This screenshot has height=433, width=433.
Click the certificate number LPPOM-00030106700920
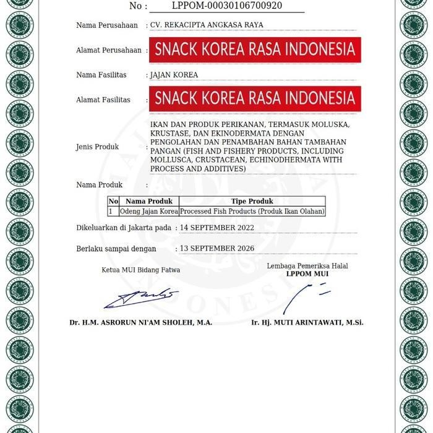[x=227, y=6]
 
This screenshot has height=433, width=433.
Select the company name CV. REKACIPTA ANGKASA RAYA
[x=207, y=25]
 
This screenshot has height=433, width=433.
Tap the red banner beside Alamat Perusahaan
[x=254, y=49]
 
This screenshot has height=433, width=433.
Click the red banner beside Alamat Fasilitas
[x=254, y=98]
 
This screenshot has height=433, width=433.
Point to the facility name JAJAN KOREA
[x=174, y=75]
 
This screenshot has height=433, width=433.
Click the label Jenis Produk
[x=97, y=147]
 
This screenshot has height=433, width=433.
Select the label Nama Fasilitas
[x=101, y=75]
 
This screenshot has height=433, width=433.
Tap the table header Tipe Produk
[x=252, y=201]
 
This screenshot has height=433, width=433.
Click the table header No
[x=113, y=201]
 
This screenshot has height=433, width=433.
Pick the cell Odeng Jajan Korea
[x=148, y=211]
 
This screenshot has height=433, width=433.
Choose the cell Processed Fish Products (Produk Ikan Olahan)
[x=252, y=211]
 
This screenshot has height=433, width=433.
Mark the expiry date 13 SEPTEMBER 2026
[x=216, y=248]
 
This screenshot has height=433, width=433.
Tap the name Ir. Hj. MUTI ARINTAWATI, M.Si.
[x=307, y=323]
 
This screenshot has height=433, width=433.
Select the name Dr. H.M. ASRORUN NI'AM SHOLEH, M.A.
[x=140, y=323]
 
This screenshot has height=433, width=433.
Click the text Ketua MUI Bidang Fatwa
[x=141, y=270]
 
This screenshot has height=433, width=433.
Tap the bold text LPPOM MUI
[x=307, y=274]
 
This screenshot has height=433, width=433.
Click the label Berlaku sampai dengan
[x=116, y=248]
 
